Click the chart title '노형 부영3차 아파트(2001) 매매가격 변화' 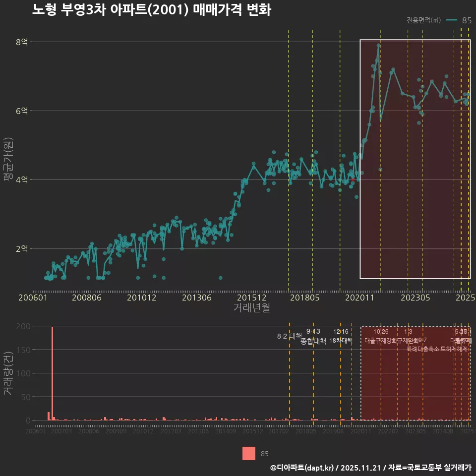[x=151, y=10]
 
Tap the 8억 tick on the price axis [x=22, y=42]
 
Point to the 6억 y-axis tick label [x=22, y=111]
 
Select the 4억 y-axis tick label [x=22, y=180]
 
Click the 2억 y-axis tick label [x=22, y=249]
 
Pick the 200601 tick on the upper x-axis [x=33, y=298]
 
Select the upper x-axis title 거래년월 [x=251, y=308]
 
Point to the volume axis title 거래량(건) [x=8, y=373]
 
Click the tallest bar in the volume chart [x=53, y=373]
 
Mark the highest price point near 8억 [x=378, y=45]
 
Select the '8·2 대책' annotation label [x=289, y=336]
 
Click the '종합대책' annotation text [x=313, y=341]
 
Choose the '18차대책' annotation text [x=341, y=341]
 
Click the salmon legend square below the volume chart [x=249, y=454]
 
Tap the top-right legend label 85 [x=467, y=20]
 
